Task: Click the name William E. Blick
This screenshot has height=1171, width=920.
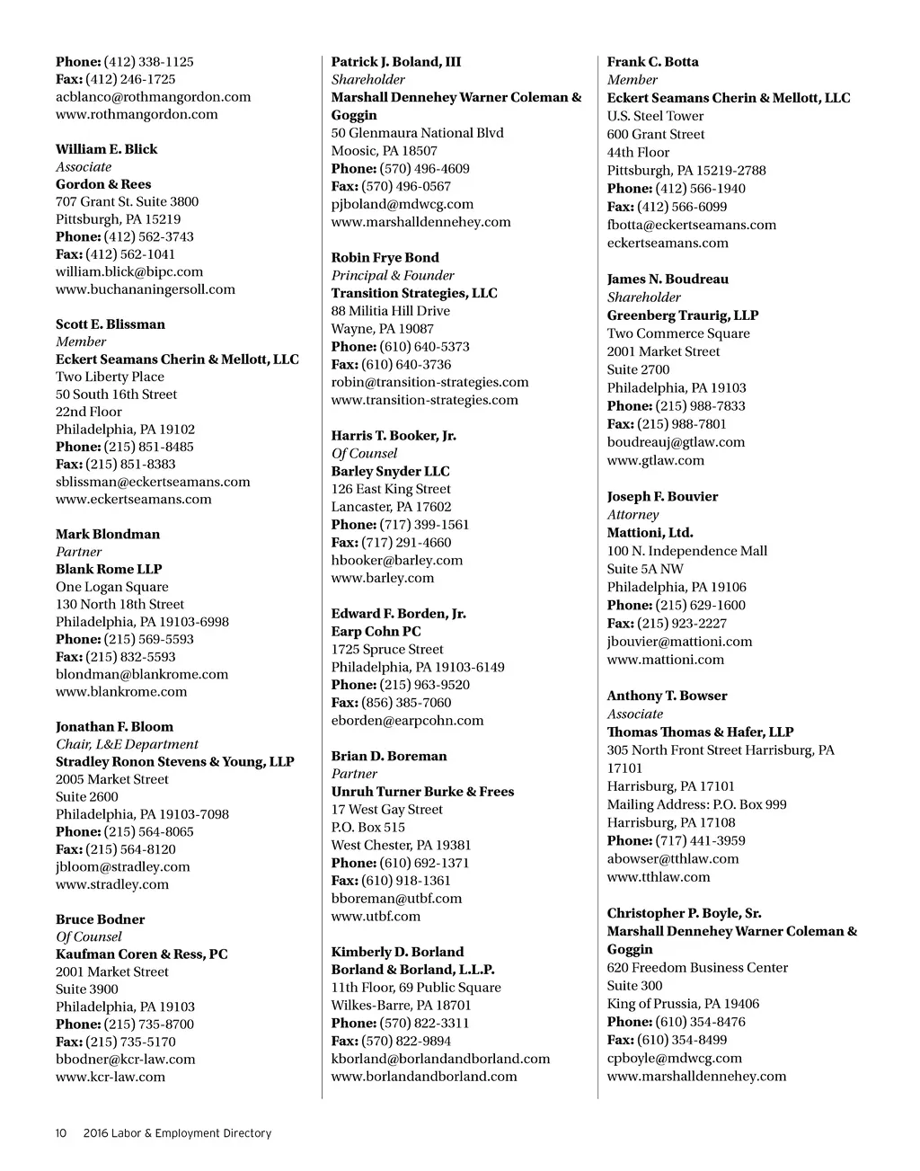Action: pyautogui.click(x=106, y=149)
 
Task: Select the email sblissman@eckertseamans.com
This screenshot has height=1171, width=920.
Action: pyautogui.click(x=153, y=482)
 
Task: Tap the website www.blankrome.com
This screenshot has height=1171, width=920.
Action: pyautogui.click(x=121, y=692)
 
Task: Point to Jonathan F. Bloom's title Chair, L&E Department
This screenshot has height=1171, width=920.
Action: pyautogui.click(x=127, y=744)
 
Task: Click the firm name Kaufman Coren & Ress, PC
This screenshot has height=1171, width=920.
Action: pyautogui.click(x=141, y=954)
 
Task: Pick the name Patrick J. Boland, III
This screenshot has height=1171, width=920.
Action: pyautogui.click(x=395, y=62)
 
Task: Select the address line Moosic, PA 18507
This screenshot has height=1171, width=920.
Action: pyautogui.click(x=384, y=151)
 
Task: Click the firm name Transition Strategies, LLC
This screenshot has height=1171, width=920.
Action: pyautogui.click(x=413, y=293)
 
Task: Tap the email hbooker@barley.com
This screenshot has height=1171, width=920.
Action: pyautogui.click(x=396, y=560)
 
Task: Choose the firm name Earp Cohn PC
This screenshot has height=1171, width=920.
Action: pyautogui.click(x=376, y=632)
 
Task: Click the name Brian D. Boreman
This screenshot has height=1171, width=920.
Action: pyautogui.click(x=388, y=756)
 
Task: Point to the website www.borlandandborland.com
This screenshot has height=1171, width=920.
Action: pyautogui.click(x=424, y=1077)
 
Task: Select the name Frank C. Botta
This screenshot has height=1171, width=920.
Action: pyautogui.click(x=652, y=62)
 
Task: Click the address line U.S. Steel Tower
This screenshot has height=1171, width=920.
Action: pyautogui.click(x=655, y=116)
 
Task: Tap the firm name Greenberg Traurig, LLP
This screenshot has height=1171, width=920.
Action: pyautogui.click(x=682, y=315)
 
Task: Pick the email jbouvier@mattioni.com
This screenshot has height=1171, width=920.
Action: pyautogui.click(x=679, y=642)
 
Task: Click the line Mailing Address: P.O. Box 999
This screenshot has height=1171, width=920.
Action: pyautogui.click(x=696, y=804)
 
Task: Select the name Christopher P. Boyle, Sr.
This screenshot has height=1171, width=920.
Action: pyautogui.click(x=684, y=913)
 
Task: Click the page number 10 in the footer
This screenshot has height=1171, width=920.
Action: pyautogui.click(x=61, y=1133)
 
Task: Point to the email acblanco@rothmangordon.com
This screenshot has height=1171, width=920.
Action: pyautogui.click(x=153, y=97)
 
